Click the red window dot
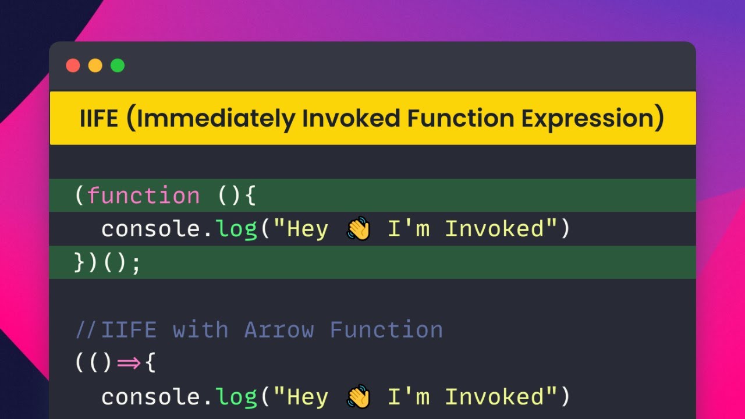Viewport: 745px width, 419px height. click(73, 66)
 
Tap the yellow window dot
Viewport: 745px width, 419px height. click(95, 66)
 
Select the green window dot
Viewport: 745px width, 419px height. click(118, 66)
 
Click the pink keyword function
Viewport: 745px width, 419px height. click(143, 196)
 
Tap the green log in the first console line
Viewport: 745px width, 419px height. click(237, 229)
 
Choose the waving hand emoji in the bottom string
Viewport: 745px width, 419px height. click(359, 397)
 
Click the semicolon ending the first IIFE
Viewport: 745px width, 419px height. click(136, 263)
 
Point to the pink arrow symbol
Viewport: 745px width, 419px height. click(129, 364)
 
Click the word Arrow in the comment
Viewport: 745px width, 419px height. click(279, 330)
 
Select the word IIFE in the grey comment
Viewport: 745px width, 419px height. click(129, 330)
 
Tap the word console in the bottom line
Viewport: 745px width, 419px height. click(151, 397)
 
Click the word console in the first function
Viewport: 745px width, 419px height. click(151, 229)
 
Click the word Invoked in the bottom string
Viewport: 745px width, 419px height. click(494, 397)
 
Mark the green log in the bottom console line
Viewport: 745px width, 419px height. click(237, 397)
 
